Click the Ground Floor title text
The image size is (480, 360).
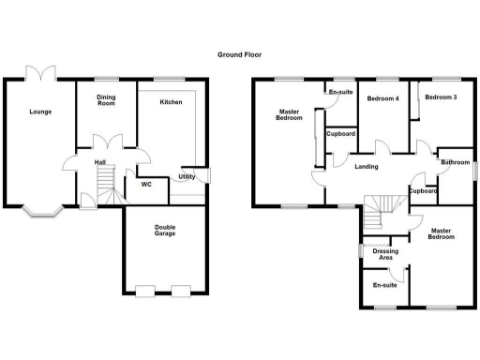(238, 55)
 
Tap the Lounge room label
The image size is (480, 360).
(39, 112)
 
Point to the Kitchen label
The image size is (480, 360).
(171, 101)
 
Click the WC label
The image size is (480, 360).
(146, 184)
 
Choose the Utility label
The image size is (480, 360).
(187, 176)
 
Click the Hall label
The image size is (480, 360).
(99, 163)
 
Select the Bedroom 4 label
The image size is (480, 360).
(383, 98)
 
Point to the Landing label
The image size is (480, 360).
(367, 167)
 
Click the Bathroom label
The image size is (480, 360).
(455, 163)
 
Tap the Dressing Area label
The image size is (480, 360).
(384, 254)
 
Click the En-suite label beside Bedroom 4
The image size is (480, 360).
(338, 91)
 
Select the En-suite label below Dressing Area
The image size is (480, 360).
(384, 285)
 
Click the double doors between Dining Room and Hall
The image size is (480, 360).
(112, 143)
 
